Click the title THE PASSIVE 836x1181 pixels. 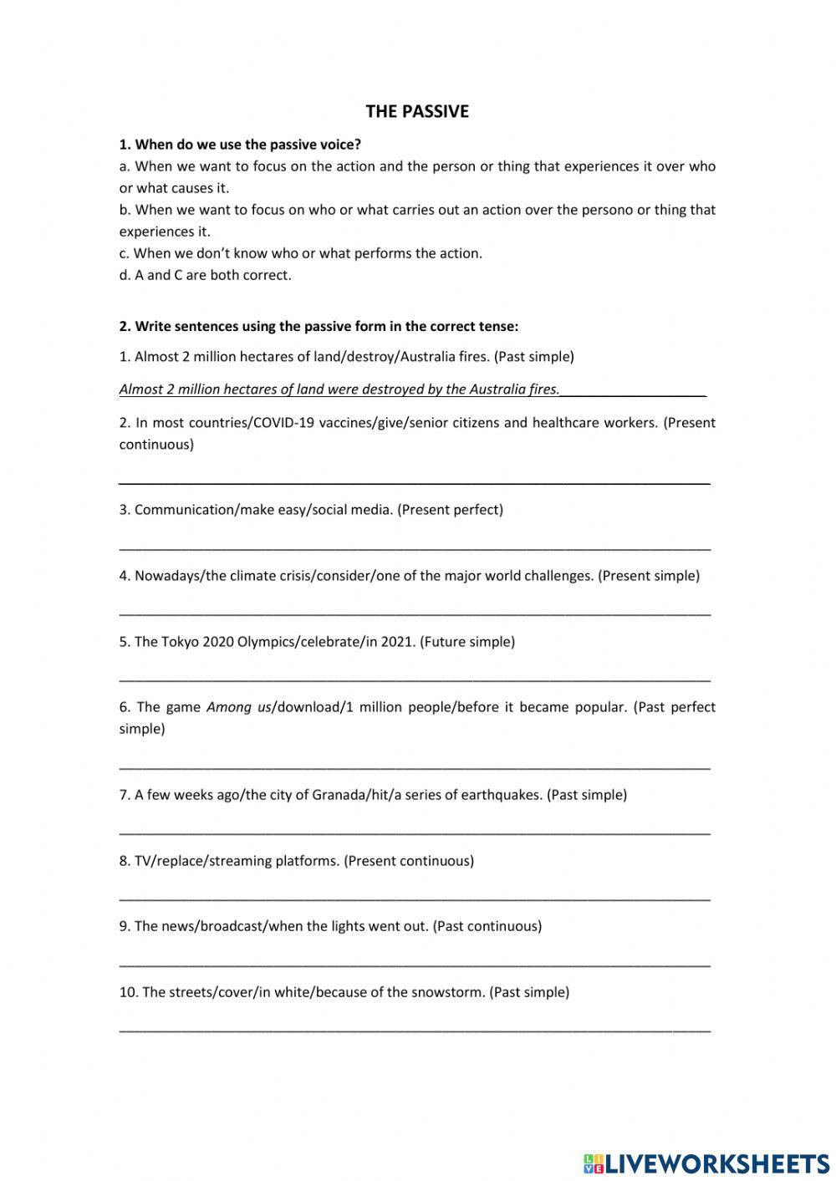(417, 111)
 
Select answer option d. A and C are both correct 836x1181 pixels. (206, 275)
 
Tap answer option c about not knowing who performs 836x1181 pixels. (301, 253)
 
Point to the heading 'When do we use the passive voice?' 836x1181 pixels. (247, 145)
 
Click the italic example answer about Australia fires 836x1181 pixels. (339, 389)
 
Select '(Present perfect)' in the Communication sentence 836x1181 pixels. (451, 510)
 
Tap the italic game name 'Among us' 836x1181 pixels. (239, 707)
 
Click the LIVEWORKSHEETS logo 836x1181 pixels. (706, 1163)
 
